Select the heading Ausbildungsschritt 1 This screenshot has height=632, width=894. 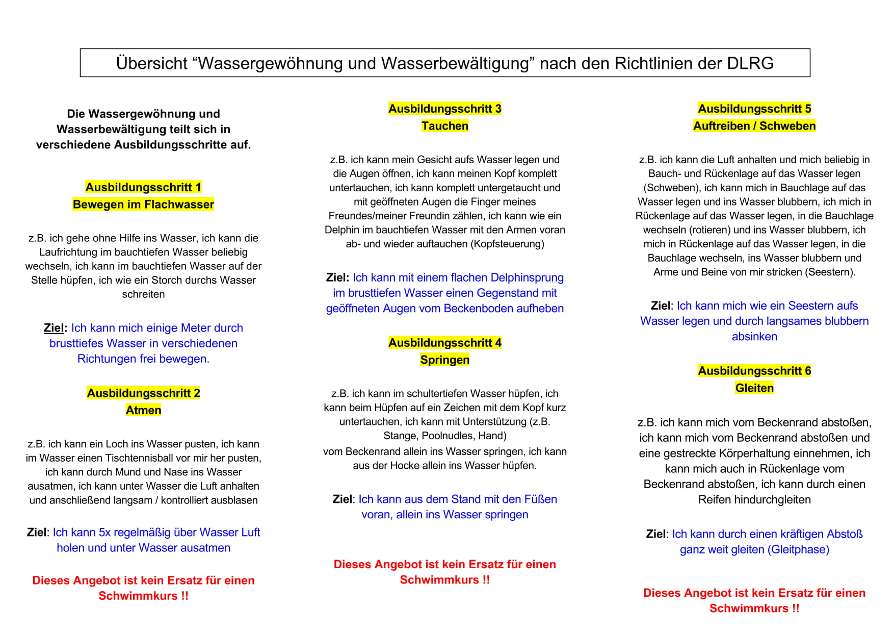(143, 187)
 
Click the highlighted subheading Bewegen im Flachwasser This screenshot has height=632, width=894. (143, 205)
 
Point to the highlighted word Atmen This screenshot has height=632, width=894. (143, 410)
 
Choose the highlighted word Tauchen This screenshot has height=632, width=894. (444, 126)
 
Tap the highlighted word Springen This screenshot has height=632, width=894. (444, 360)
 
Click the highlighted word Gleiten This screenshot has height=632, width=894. (754, 388)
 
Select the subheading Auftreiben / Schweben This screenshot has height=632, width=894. (754, 126)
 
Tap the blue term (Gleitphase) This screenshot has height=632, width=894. (800, 549)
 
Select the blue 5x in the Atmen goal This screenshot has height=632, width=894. (104, 533)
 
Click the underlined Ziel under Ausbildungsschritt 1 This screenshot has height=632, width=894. (54, 328)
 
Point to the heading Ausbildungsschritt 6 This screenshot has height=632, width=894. (754, 371)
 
